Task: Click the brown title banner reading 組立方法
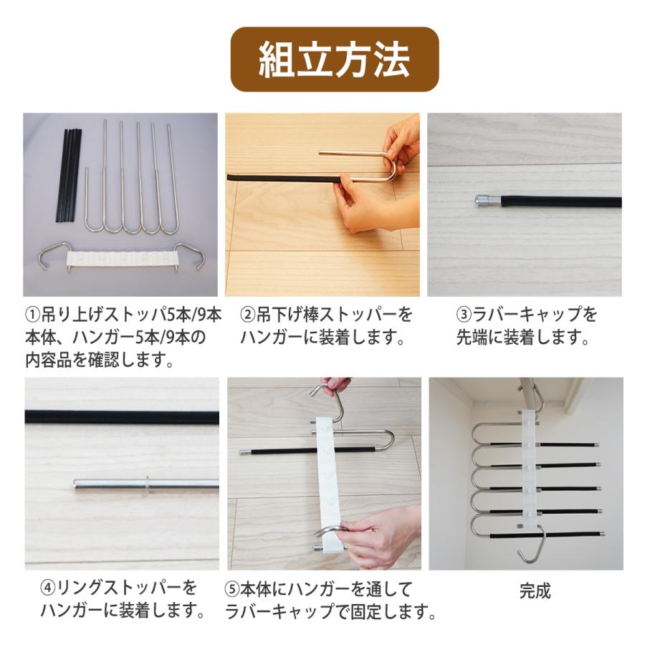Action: click(334, 59)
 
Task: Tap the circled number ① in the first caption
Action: click(33, 315)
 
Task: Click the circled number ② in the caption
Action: click(248, 315)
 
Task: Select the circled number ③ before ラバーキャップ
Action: click(464, 315)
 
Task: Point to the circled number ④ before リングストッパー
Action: click(48, 588)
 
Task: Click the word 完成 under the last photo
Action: click(535, 591)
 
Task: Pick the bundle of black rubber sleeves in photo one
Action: click(68, 176)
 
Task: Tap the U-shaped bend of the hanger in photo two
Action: click(391, 169)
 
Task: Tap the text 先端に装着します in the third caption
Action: click(523, 338)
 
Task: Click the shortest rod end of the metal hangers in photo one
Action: click(87, 169)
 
